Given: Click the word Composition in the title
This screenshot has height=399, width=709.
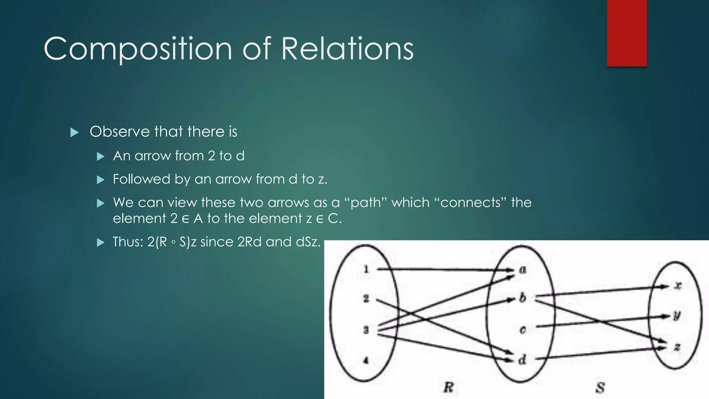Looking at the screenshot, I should coord(137,49).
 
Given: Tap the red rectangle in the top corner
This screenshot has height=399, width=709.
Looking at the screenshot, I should coord(627,33).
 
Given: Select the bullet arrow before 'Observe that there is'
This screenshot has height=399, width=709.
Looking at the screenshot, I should coord(74,132).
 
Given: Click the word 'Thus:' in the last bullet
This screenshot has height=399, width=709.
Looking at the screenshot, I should coord(128,242).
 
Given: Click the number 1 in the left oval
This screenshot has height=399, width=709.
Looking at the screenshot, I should coord(366,269).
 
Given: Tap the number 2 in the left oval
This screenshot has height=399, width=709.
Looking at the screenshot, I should coord(366,298).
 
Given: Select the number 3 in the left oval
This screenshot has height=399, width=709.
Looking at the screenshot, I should coord(366,330).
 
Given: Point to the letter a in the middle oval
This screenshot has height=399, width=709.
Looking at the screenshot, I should coord(523,269).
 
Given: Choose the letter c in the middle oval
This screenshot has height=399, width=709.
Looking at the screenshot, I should coord(523,330).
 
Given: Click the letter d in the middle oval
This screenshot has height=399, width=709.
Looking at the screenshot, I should coord(522,360).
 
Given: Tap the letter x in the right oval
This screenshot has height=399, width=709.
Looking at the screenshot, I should coord(678,285).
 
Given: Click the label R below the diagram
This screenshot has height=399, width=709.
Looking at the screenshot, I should coord(448,387).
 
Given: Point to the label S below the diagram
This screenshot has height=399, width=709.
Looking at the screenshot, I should coord(600,388).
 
